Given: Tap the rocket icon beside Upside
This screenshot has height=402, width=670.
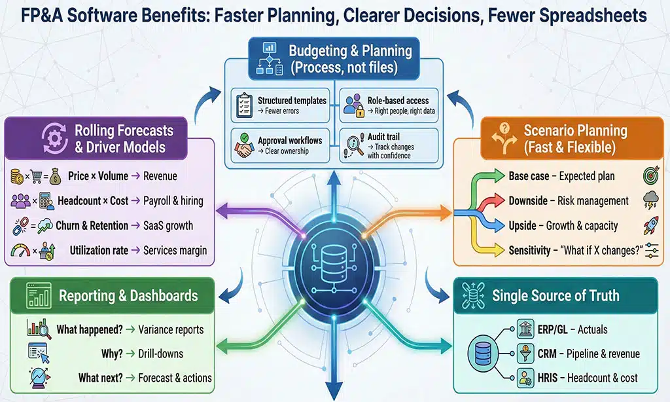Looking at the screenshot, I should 650,225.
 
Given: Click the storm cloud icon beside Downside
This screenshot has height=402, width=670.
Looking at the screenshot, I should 650,201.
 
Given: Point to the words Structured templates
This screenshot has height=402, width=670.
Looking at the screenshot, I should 292,100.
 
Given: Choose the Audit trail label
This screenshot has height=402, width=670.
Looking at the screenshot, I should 384,136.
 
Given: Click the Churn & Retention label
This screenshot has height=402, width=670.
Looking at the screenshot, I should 92,226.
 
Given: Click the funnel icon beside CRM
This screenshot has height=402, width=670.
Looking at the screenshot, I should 525,354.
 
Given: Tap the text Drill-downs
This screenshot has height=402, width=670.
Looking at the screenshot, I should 161,354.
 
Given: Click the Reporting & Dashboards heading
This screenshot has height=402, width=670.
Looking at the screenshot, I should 128,296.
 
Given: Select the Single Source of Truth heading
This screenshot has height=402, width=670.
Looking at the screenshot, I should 555,296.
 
